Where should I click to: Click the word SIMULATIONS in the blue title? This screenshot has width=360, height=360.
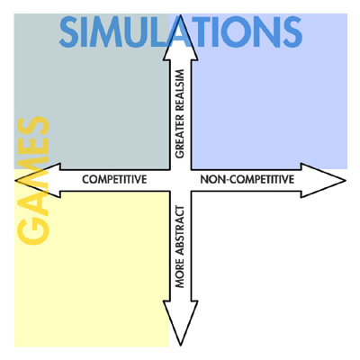pyautogui.click(x=181, y=31)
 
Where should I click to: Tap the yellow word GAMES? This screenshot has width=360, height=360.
pyautogui.click(x=33, y=180)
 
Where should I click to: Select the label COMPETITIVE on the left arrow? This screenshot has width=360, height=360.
pyautogui.click(x=114, y=179)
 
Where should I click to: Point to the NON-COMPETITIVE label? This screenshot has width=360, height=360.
pyautogui.click(x=247, y=179)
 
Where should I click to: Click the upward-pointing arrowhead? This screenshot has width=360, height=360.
pyautogui.click(x=180, y=39)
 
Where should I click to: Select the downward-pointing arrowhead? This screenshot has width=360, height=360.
pyautogui.click(x=180, y=322)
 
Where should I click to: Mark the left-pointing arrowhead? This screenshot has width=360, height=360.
pyautogui.click(x=38, y=180)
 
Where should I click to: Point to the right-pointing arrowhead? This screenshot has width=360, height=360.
pyautogui.click(x=323, y=180)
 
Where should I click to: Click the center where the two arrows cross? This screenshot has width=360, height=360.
pyautogui.click(x=180, y=180)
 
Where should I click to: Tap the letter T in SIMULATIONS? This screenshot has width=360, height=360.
pyautogui.click(x=204, y=31)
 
